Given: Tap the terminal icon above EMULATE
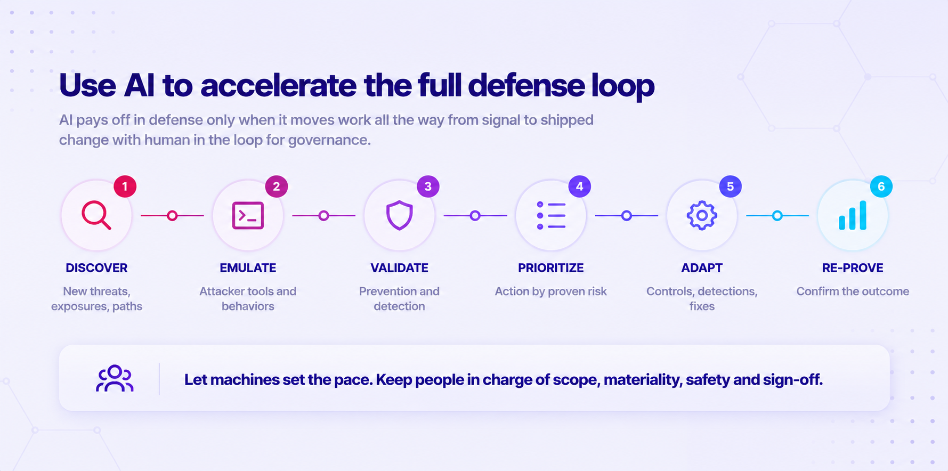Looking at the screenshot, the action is (x=248, y=216).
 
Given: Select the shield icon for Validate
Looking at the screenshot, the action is (x=400, y=215).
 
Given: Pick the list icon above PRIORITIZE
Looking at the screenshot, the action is (x=551, y=216).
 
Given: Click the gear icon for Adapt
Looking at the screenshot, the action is (x=702, y=215).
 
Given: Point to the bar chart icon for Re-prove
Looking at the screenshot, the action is (x=853, y=215).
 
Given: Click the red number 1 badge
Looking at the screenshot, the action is (x=125, y=186).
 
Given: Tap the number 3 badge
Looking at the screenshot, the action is (x=428, y=186).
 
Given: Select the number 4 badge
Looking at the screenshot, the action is (x=579, y=186).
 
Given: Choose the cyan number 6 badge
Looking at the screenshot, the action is (x=881, y=186).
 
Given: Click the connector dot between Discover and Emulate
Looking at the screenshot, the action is (x=172, y=216).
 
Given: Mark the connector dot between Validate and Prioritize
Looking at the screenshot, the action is (x=475, y=216).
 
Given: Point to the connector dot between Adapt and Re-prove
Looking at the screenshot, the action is (x=777, y=216).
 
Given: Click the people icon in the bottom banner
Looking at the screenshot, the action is (x=115, y=378).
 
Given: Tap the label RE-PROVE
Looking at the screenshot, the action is (x=853, y=268).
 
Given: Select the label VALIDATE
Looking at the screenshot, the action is (x=400, y=268).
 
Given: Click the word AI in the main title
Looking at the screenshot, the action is (x=139, y=85).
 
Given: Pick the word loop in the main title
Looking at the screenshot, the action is (x=623, y=86).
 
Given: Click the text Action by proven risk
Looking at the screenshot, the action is (x=551, y=291).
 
